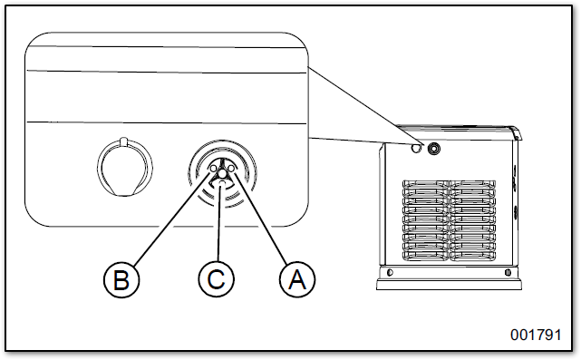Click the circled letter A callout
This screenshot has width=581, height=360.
point(297,279)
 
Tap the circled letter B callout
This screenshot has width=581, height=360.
point(121,279)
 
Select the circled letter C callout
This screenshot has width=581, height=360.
point(217,279)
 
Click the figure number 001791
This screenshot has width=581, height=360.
point(536,335)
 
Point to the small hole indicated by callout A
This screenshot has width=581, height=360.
point(231,169)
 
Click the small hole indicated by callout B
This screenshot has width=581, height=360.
point(213,169)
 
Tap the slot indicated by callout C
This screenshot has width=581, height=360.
point(222,183)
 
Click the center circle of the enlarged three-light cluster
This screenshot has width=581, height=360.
point(222,173)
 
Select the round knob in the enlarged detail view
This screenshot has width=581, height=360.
point(125,167)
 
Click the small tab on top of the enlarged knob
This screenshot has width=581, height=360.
point(124,142)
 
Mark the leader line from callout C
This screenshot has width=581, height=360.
point(220,224)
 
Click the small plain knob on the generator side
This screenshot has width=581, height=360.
point(416,148)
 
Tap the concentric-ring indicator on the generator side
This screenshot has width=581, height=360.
point(433,149)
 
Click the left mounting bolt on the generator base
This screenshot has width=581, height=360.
point(390,273)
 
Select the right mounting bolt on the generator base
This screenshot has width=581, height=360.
point(508,273)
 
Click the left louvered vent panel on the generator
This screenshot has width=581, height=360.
point(425,220)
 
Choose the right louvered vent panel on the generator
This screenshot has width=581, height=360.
point(472,220)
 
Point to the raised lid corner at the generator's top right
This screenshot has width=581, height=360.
point(516,132)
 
